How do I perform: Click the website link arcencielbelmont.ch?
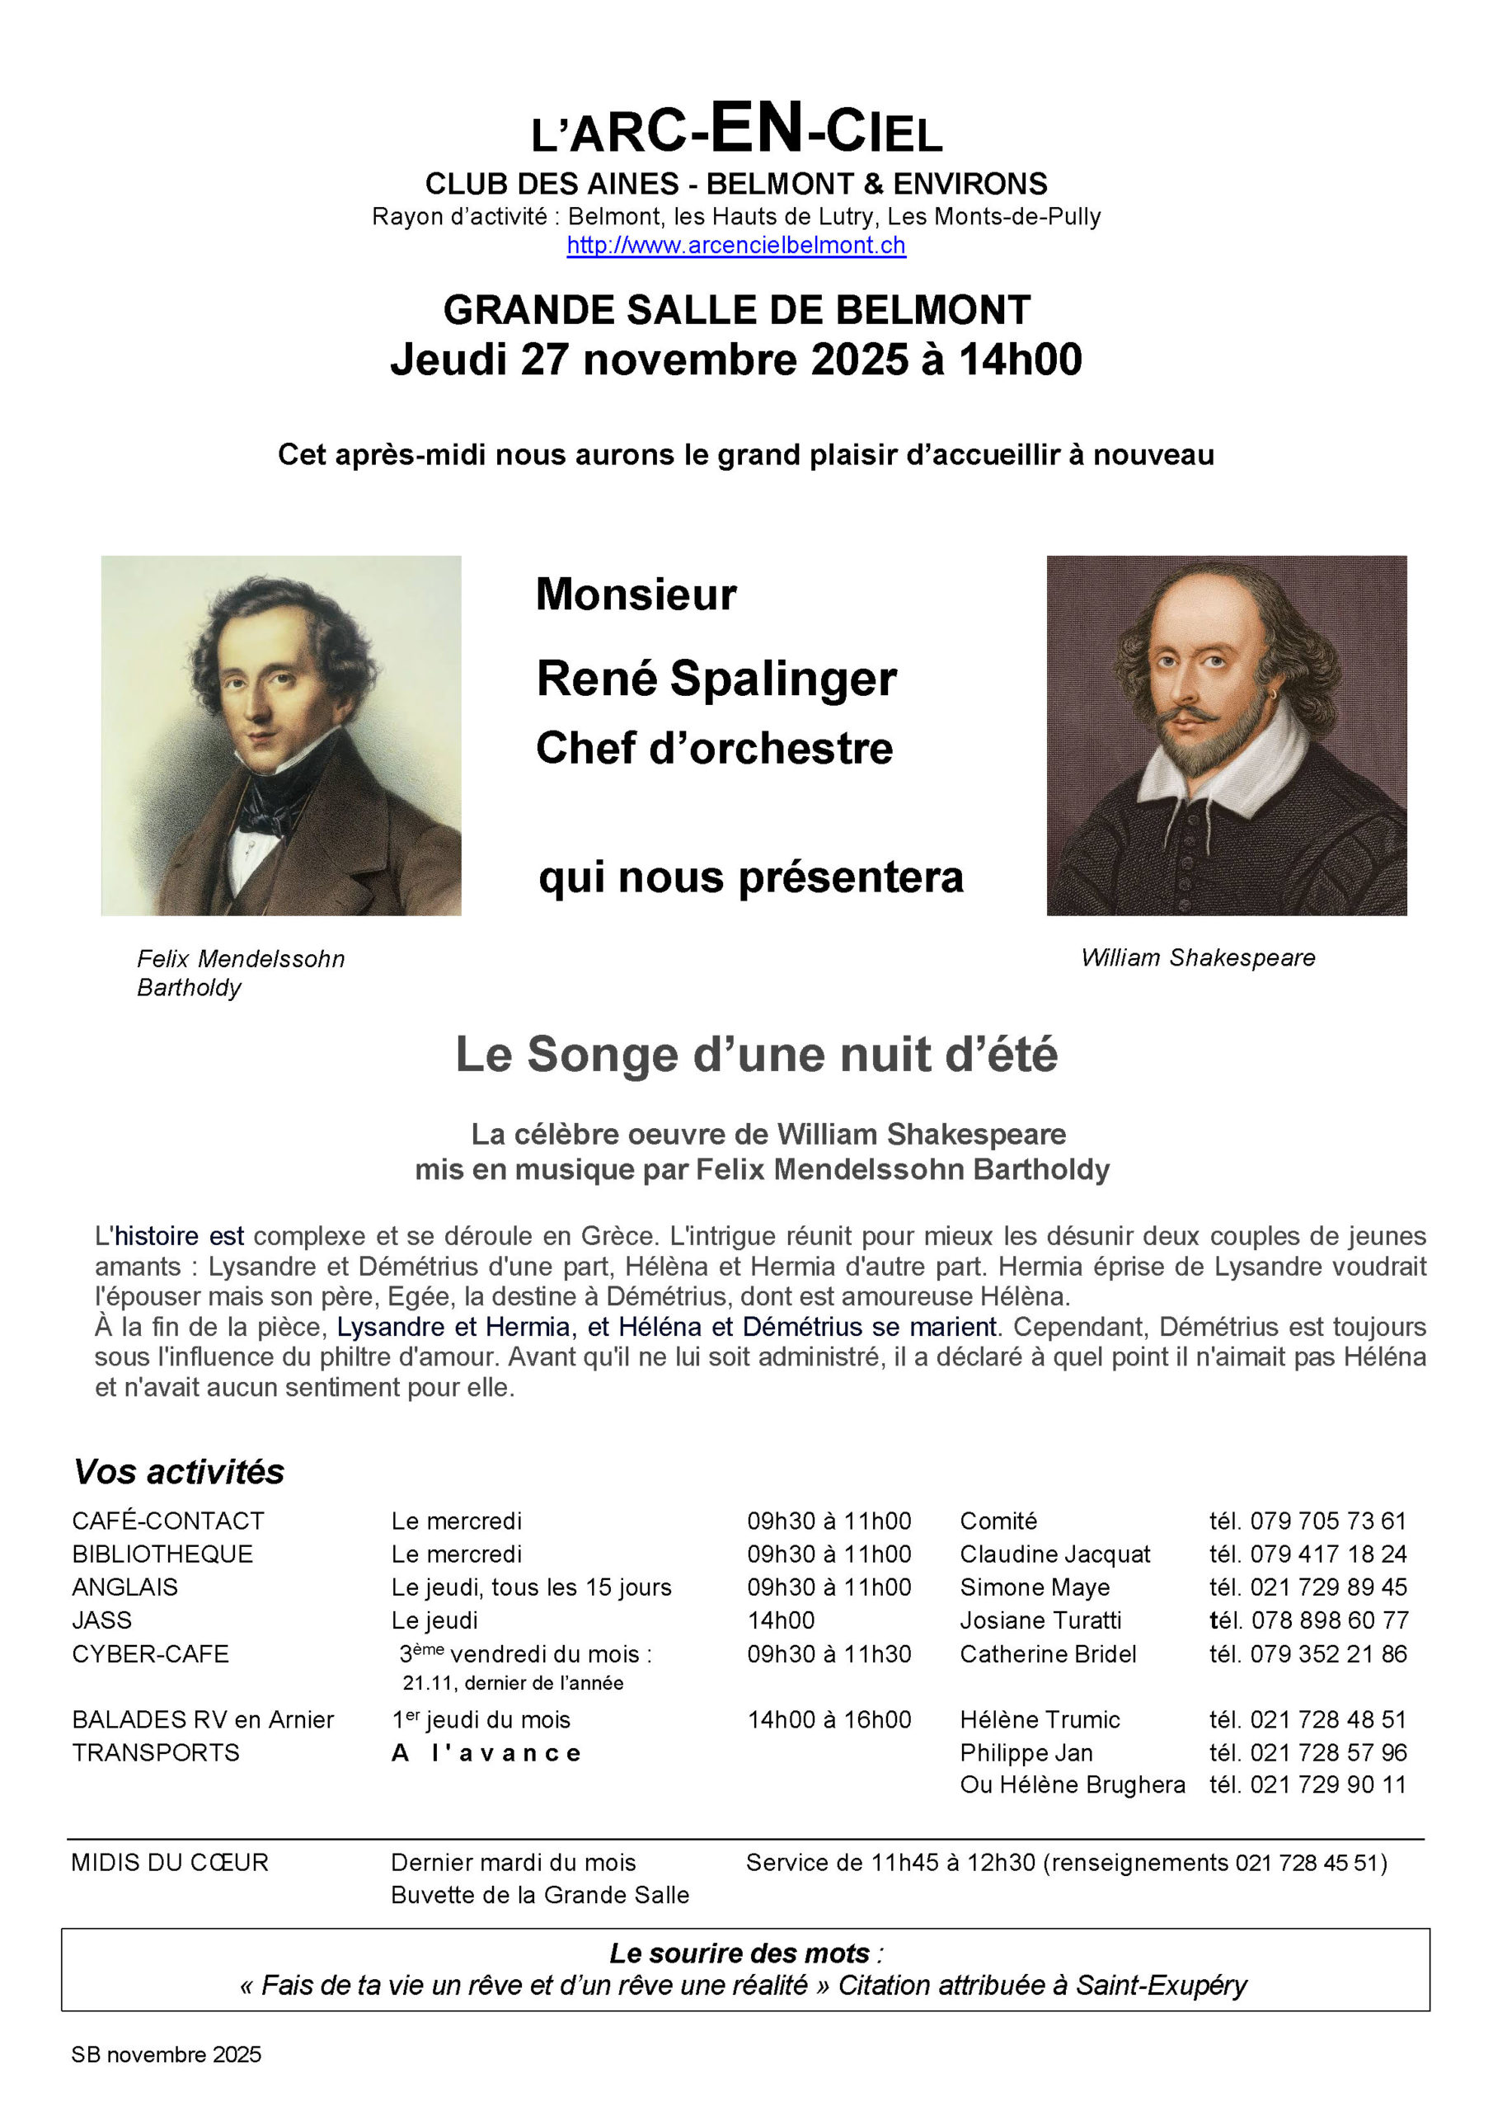735,246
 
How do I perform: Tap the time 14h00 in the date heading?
1020,360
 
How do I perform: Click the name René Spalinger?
716,679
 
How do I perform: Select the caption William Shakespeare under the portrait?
1197,958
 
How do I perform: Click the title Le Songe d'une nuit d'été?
756,1055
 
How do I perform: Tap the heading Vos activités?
178,1472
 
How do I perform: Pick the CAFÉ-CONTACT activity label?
168,1521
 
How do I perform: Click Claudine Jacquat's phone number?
1327,1554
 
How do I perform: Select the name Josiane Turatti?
1040,1620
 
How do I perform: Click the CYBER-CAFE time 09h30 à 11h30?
829,1654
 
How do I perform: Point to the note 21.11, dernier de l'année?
512,1682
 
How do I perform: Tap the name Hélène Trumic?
1039,1719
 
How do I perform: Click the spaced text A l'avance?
486,1753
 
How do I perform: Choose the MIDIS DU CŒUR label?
169,1863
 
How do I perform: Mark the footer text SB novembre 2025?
167,2054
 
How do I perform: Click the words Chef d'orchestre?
713,747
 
